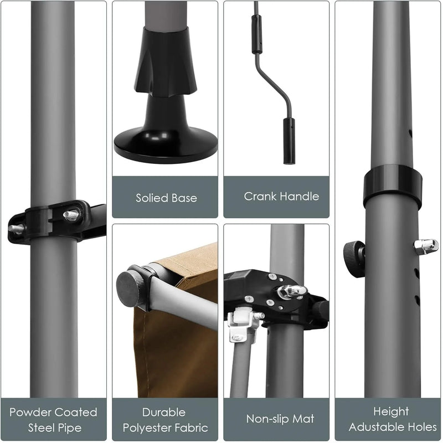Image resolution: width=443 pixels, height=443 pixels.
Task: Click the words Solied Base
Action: point(166,198)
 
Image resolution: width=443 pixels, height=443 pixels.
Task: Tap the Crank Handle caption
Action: point(281,196)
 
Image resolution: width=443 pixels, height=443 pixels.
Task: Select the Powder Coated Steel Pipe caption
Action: point(53,420)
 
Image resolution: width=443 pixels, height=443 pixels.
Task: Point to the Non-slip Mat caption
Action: point(277,420)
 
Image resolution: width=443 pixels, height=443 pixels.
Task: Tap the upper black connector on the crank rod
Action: point(255,25)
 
